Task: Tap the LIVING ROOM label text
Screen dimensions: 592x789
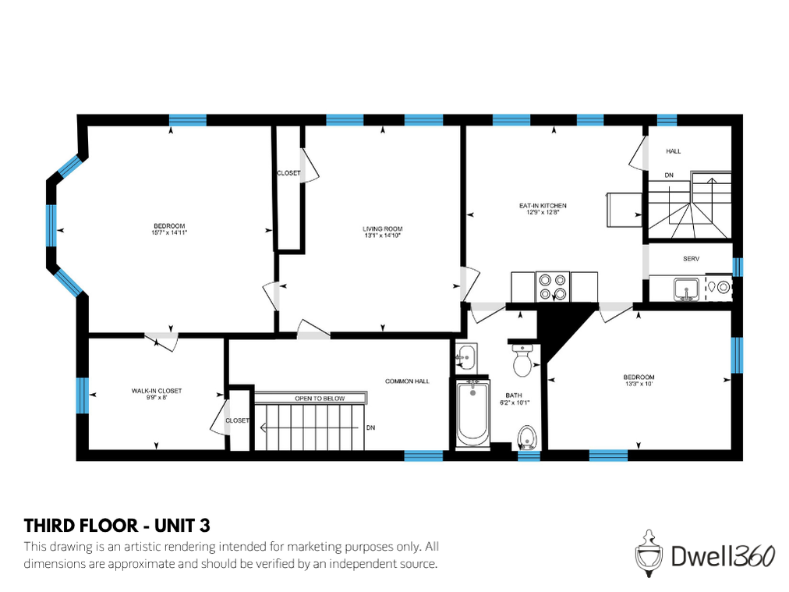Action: (x=382, y=229)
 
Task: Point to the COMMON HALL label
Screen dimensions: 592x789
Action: (x=407, y=381)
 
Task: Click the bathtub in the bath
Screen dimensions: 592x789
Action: (x=472, y=413)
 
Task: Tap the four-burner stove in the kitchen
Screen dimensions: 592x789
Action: (x=552, y=286)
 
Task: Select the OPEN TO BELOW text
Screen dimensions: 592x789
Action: (x=319, y=399)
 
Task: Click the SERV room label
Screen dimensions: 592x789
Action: (x=690, y=259)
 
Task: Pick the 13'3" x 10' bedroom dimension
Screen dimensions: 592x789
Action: (x=639, y=384)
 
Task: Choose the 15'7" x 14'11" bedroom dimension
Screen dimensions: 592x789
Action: (x=169, y=232)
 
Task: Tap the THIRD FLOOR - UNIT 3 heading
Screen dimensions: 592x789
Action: (x=117, y=524)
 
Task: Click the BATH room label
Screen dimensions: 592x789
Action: (x=514, y=395)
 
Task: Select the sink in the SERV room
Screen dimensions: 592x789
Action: (x=687, y=289)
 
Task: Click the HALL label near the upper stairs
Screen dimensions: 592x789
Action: (x=673, y=151)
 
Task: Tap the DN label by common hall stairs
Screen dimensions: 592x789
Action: (x=370, y=427)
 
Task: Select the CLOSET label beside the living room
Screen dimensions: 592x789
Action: (x=288, y=173)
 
